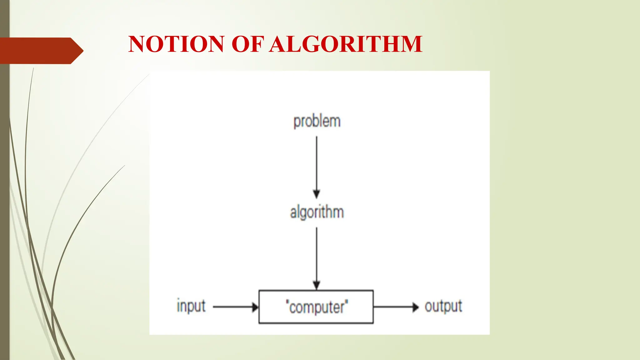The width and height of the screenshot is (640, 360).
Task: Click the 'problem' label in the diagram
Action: tap(317, 121)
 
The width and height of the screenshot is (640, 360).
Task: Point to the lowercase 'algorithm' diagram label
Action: tap(317, 212)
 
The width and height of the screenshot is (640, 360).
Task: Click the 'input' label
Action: tap(191, 306)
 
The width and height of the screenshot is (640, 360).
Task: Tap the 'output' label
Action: tap(443, 306)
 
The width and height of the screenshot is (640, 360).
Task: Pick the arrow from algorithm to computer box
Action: tap(317, 256)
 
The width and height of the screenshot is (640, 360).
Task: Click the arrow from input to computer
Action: tap(234, 307)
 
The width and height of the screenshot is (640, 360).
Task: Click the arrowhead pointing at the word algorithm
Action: tap(317, 194)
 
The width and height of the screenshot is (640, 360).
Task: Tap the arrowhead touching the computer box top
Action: tap(317, 285)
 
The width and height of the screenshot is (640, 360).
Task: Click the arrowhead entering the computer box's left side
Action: tap(255, 307)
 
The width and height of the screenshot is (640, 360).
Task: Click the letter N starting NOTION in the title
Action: tap(138, 44)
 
